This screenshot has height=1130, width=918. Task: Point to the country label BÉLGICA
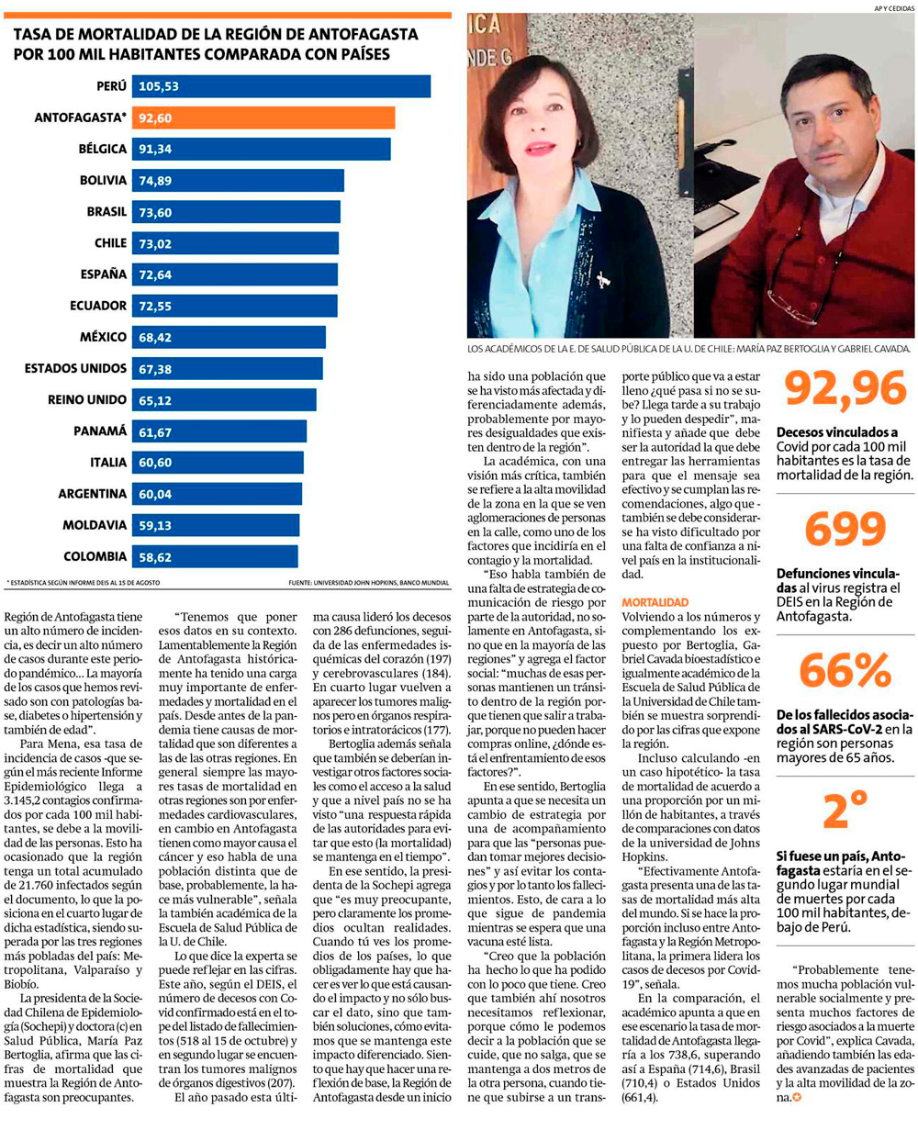(103, 149)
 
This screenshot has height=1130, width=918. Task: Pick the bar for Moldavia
(217, 525)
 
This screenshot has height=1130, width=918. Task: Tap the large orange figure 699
(845, 530)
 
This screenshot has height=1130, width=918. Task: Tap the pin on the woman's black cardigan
(604, 277)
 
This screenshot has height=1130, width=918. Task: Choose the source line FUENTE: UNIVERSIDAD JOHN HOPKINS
(368, 582)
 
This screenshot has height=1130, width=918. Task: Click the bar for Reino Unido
(225, 399)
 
